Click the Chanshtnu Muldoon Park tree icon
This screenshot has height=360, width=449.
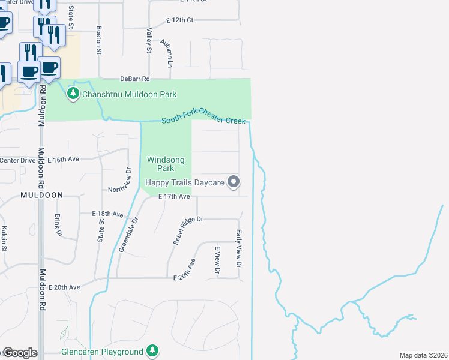pos(73,94)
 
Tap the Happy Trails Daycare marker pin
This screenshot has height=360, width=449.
pos(234,182)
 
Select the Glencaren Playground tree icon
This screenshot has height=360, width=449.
pos(153,350)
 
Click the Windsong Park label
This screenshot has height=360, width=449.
pos(161,164)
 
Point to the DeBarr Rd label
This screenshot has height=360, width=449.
pos(134,79)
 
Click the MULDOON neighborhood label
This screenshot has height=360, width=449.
pos(41,195)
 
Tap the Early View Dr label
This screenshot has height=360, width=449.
pos(238,248)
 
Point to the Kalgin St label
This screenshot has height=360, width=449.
pos(4,239)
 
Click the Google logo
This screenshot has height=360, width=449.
pos(20,353)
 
